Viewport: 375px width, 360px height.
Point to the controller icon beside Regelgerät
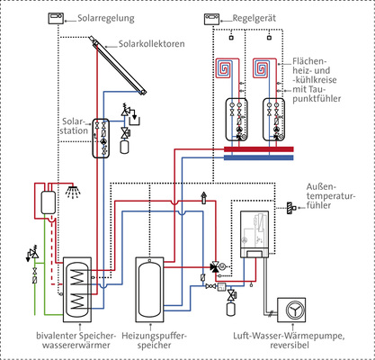tap(213, 17)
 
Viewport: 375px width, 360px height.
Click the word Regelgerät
tap(253, 18)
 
